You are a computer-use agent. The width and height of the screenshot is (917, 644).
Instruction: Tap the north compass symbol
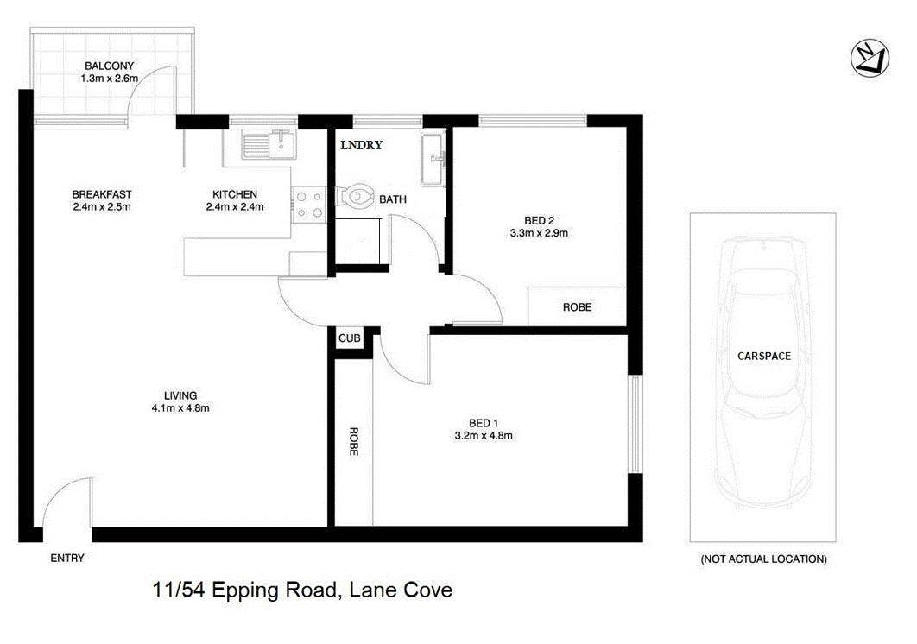867,58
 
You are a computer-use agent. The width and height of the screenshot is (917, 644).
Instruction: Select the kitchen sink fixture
269,144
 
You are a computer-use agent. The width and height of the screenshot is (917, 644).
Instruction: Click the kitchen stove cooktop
308,205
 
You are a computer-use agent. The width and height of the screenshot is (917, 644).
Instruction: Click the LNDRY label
361,146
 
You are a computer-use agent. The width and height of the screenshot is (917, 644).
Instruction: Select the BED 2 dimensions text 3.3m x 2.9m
539,232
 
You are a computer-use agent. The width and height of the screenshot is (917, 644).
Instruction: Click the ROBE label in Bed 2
577,307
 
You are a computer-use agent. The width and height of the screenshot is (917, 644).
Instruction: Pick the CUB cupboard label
349,338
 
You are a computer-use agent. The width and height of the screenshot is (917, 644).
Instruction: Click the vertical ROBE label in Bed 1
353,441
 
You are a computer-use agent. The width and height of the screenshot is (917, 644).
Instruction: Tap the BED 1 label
484,422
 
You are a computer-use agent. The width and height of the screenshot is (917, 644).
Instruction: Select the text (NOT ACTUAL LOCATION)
763,559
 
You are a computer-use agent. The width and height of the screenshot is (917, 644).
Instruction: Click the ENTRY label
66,558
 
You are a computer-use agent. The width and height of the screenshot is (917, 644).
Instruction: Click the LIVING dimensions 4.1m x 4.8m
181,408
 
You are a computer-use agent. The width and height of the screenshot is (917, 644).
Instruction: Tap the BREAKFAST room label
102,194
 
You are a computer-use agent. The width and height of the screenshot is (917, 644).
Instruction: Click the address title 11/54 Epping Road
301,591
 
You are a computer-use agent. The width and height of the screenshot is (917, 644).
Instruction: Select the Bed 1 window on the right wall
635,424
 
